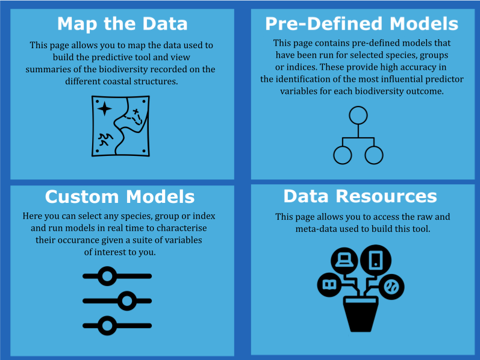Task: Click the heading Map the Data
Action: tap(122, 24)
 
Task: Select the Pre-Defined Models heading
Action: tap(361, 23)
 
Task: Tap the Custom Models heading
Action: tap(120, 196)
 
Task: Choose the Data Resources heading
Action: tap(360, 196)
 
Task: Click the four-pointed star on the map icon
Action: tap(104, 108)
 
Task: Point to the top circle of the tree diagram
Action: tap(358, 116)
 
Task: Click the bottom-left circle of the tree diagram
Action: tap(343, 155)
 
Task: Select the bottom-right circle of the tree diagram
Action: tap(374, 155)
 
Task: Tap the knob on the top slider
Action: tap(107, 276)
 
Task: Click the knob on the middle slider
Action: tap(126, 301)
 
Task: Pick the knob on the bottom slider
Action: tap(107, 326)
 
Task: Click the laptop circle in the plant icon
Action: tap(344, 261)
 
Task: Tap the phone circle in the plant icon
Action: tap(376, 260)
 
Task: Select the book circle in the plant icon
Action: tap(329, 285)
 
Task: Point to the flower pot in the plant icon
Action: tap(361, 314)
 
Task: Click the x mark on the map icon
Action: tap(136, 111)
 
